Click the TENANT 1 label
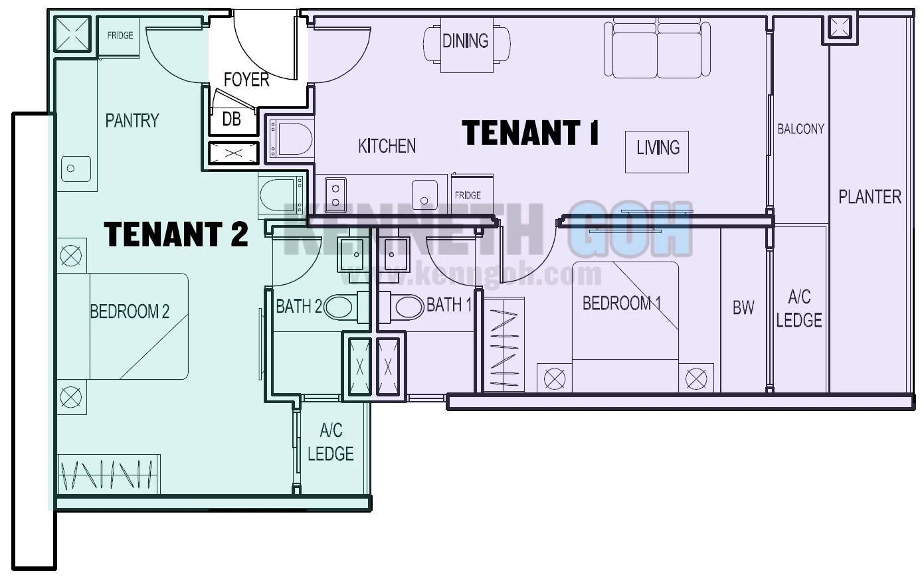(x=531, y=132)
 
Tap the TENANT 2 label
(x=176, y=234)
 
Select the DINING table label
(x=465, y=41)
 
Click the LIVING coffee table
(x=658, y=151)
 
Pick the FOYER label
(x=246, y=80)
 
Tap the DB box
(x=231, y=120)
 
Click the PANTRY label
(x=132, y=120)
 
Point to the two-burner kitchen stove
(x=335, y=193)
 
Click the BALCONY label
(x=800, y=129)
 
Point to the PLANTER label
(x=870, y=197)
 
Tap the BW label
(x=743, y=307)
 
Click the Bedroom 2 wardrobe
(x=109, y=474)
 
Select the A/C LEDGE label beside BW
(x=799, y=309)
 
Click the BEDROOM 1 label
(x=622, y=303)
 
